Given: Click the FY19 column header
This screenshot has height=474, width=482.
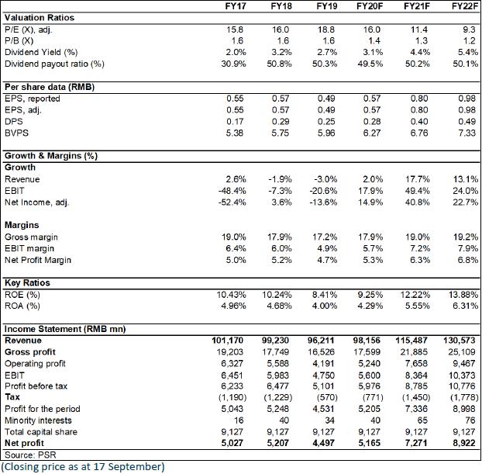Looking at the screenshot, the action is [327, 6].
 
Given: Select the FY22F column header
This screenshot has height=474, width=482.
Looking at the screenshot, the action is [464, 6].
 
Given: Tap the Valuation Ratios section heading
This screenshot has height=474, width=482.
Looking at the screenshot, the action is [40, 18].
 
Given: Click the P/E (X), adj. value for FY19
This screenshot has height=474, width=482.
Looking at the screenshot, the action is [327, 29].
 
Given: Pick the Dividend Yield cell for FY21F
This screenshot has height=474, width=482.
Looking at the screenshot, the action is [419, 52].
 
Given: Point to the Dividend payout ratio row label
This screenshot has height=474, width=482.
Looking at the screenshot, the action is [54, 64].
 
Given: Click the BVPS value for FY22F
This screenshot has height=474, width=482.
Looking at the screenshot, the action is [467, 133].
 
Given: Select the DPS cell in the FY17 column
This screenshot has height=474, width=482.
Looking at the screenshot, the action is [235, 122].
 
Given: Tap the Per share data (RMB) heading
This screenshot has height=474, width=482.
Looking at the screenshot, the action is [50, 87].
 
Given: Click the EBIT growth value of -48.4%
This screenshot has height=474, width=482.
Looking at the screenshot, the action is [232, 191].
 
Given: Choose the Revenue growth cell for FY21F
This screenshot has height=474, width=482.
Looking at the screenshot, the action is [417, 179].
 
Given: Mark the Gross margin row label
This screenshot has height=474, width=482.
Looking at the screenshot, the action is [31, 237].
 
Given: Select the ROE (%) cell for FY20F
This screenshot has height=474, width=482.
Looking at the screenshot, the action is [370, 295].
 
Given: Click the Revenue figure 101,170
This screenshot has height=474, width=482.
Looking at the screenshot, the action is [227, 341].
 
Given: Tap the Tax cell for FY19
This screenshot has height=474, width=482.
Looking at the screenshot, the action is [327, 397].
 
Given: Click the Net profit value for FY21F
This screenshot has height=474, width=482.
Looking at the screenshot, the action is [416, 443].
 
